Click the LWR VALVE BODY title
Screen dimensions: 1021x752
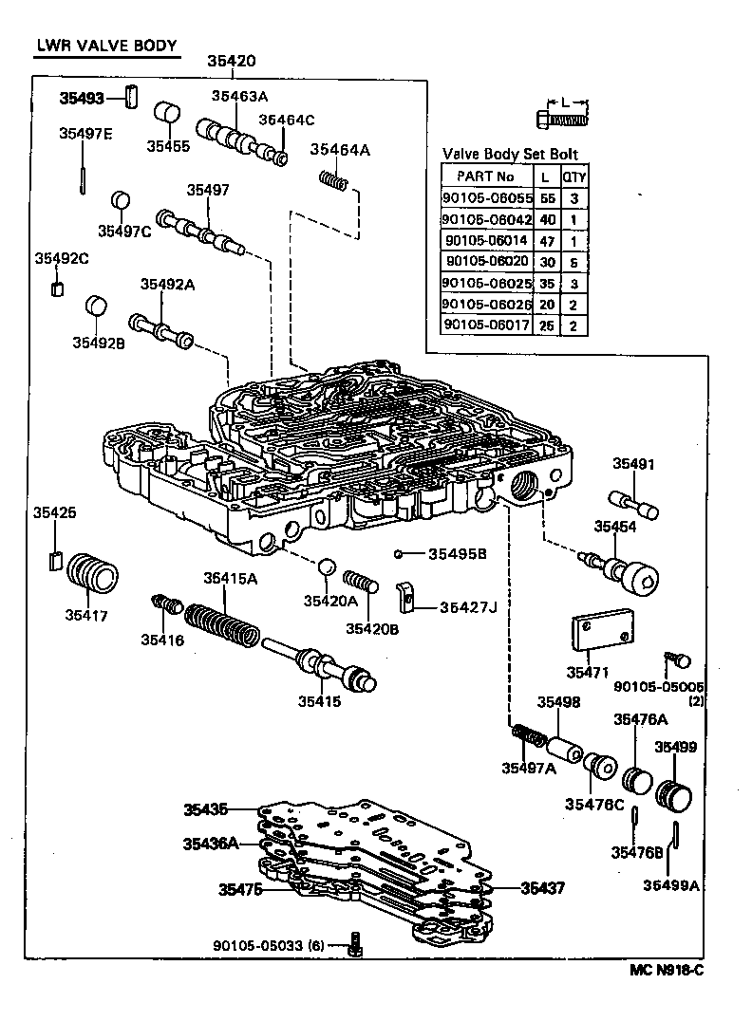click(105, 45)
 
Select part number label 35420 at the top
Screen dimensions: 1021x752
click(232, 62)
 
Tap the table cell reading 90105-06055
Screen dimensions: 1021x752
click(487, 198)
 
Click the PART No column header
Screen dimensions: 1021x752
click(487, 176)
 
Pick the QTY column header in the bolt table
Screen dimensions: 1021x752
click(573, 176)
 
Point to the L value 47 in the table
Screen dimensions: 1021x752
click(547, 241)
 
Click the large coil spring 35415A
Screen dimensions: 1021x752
click(220, 627)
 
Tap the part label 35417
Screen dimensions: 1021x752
click(86, 615)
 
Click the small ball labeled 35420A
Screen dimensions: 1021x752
click(326, 567)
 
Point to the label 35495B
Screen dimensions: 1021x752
click(457, 553)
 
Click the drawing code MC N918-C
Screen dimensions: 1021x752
click(667, 970)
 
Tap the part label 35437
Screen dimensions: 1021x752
click(542, 888)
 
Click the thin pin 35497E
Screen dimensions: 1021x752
click(85, 177)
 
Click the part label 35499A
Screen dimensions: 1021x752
click(671, 884)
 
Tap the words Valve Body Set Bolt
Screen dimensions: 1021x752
click(510, 155)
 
